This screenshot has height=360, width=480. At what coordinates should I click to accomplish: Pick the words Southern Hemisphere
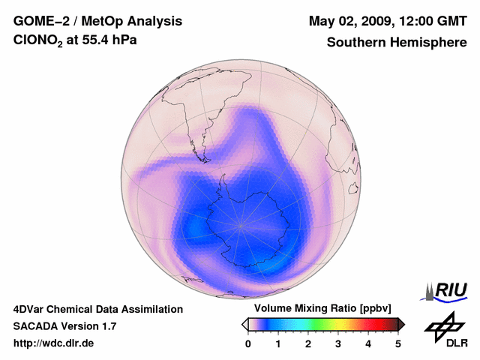tap(396, 43)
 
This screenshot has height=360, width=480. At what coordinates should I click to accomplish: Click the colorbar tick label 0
tap(248, 343)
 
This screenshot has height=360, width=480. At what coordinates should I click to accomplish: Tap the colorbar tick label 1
tap(278, 343)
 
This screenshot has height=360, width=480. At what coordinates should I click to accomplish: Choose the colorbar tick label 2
tap(308, 343)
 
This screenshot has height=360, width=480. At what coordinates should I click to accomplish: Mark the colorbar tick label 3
tap(338, 343)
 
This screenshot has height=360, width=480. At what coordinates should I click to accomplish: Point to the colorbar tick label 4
tap(368, 343)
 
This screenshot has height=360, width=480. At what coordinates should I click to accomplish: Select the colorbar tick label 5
tap(398, 343)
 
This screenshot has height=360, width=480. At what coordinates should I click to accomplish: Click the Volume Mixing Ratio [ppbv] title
tap(320, 309)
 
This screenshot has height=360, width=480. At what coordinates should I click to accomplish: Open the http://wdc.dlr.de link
tap(54, 343)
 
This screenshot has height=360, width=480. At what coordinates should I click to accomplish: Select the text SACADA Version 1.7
tap(64, 326)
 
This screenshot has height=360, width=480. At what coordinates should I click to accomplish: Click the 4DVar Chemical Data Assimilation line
tap(97, 309)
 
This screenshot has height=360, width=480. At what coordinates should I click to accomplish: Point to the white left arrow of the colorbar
tap(244, 324)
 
